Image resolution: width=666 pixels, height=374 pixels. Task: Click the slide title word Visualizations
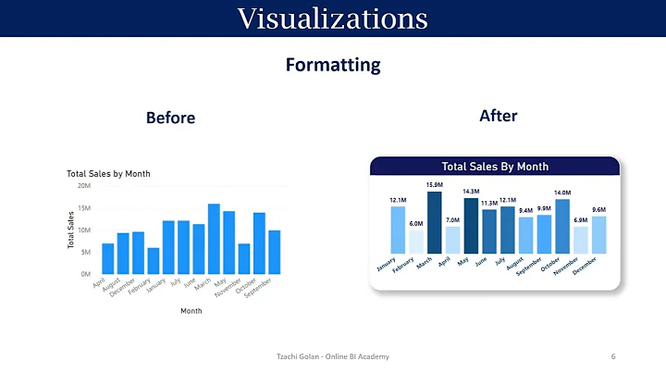[x=332, y=18]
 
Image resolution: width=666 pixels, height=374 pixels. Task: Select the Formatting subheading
[x=332, y=65]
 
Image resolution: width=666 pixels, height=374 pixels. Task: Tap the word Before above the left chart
[x=170, y=118]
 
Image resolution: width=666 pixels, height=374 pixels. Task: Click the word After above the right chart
[x=498, y=117]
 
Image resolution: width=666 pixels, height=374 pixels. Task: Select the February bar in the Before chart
[x=154, y=260]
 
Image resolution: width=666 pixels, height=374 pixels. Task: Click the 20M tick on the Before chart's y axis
[x=84, y=186]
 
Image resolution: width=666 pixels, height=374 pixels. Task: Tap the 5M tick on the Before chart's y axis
[x=85, y=253]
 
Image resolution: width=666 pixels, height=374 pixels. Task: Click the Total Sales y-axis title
[x=71, y=230]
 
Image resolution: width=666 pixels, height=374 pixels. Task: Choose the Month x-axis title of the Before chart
[x=190, y=311]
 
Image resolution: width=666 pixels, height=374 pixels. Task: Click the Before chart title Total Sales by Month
[x=108, y=173]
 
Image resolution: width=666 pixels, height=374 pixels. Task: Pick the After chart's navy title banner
[x=495, y=167]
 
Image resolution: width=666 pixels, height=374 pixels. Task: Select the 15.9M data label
[x=435, y=185]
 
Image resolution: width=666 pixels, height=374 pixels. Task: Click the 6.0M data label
[x=416, y=223]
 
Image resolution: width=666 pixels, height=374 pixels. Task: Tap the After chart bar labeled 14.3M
[x=471, y=225]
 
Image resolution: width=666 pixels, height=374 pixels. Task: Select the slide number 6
[x=613, y=357]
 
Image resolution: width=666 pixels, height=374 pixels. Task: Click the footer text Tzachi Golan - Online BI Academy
[x=333, y=357]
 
